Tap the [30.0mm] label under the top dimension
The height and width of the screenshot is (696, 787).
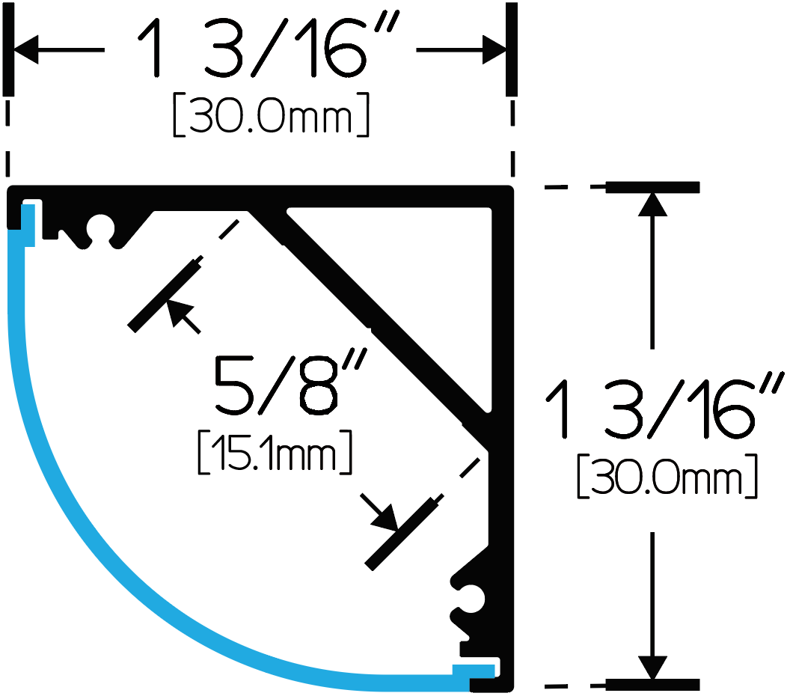pyautogui.click(x=271, y=115)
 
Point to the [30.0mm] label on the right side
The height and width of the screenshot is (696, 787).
pyautogui.click(x=667, y=476)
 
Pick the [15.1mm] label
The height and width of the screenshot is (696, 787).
pyautogui.click(x=275, y=452)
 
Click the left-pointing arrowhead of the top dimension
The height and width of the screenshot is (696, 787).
pyautogui.click(x=26, y=49)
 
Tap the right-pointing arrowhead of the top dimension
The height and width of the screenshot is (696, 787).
pyautogui.click(x=494, y=49)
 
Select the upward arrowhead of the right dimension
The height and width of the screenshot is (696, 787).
pyautogui.click(x=652, y=204)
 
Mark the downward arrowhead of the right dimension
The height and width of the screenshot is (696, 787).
pyautogui.click(x=652, y=668)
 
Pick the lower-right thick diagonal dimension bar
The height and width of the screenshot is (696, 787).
pyautogui.click(x=402, y=534)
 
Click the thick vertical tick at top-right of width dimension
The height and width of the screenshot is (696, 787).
pyautogui.click(x=512, y=49)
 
